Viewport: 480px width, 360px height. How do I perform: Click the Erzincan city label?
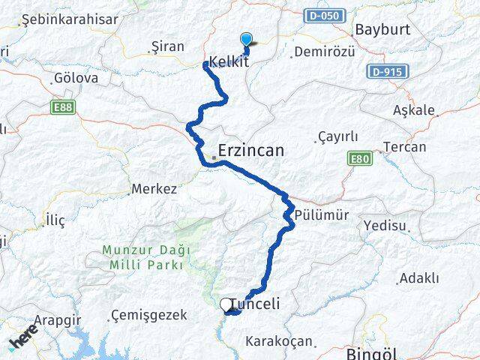tap(251, 151)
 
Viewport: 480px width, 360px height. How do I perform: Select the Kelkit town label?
tap(229, 62)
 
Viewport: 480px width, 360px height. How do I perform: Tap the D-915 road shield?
tap(385, 72)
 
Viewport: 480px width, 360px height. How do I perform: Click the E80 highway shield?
tap(360, 158)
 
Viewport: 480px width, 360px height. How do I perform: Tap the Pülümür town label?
tap(322, 215)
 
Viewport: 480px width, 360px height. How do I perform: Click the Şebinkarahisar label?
tap(70, 20)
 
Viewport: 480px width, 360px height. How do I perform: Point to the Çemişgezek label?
tap(148, 315)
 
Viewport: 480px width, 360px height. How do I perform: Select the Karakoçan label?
tap(278, 341)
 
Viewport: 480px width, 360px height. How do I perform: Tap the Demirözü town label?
tap(323, 52)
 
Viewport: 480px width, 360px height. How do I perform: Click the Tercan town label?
tap(404, 147)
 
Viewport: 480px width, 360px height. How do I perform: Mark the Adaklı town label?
tap(419, 278)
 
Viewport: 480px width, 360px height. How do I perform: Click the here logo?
tap(23, 341)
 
